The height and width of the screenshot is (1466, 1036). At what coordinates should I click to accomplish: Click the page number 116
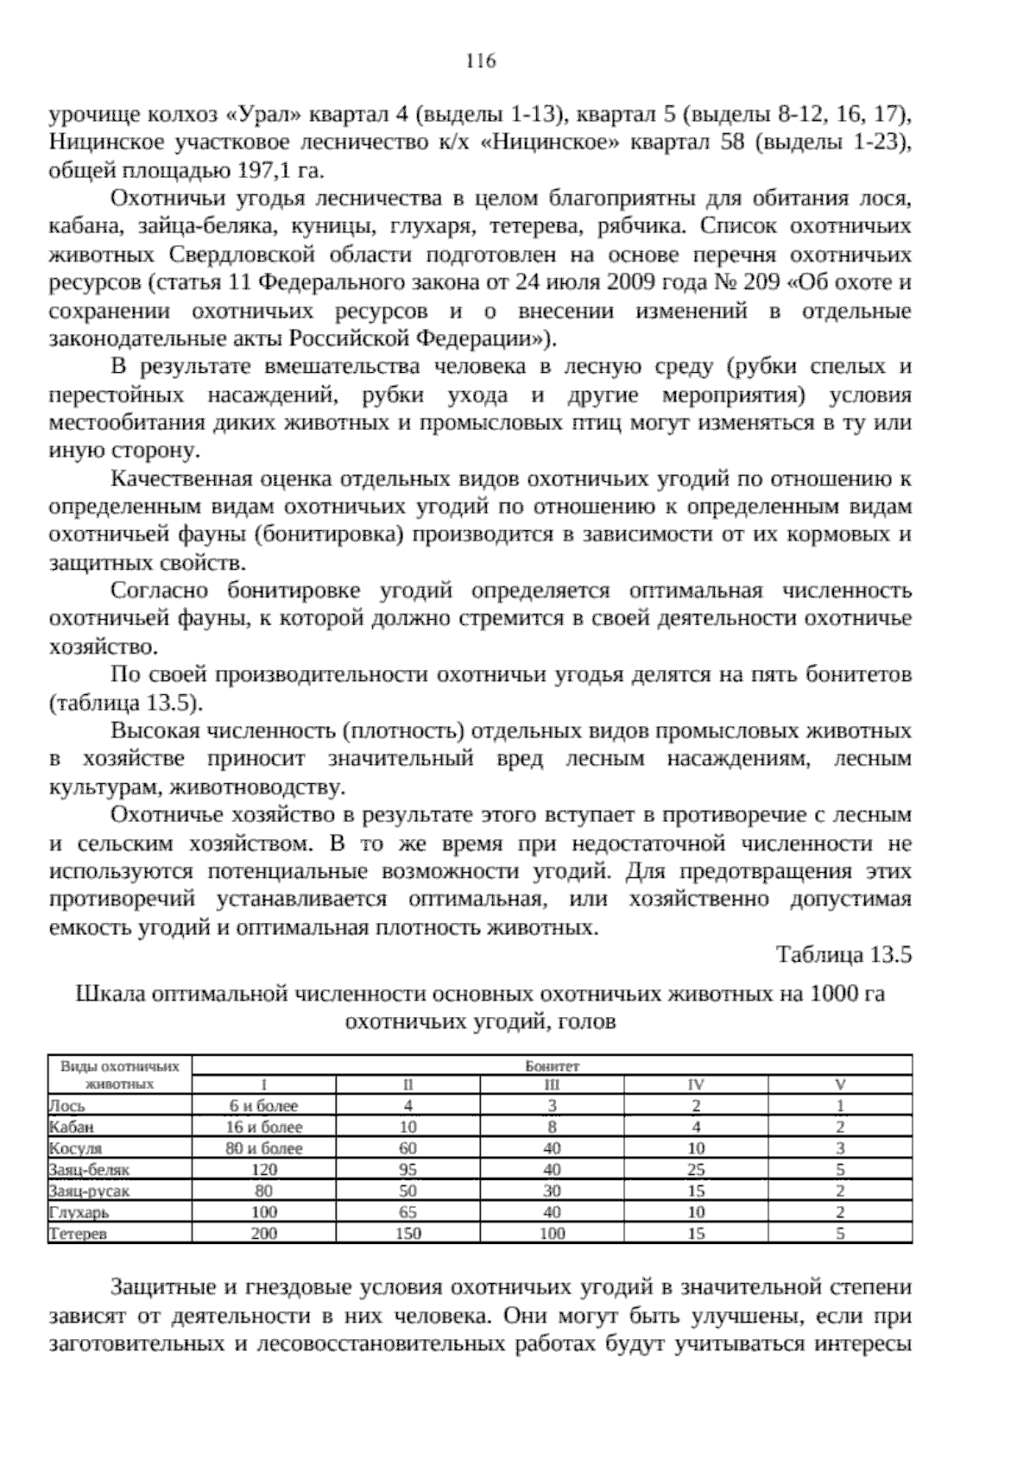[x=481, y=61]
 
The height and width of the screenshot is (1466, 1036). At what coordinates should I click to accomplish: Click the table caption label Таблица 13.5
[x=843, y=955]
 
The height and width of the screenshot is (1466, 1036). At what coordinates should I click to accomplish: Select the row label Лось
[x=67, y=1105]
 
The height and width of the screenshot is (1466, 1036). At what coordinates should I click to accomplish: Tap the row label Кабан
[x=71, y=1127]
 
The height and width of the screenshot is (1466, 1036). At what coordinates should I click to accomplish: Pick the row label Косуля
[x=75, y=1148]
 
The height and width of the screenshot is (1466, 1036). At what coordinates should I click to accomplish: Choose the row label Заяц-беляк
[x=89, y=1170]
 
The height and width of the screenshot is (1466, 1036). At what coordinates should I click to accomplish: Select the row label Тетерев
[x=78, y=1234]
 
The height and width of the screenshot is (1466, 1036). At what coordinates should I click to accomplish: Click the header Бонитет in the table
[x=552, y=1066]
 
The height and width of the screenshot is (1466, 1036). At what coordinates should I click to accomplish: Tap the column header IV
[x=696, y=1084]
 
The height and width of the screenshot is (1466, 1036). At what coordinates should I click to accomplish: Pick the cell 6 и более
[x=263, y=1105]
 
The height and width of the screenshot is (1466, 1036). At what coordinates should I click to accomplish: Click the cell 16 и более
[x=263, y=1127]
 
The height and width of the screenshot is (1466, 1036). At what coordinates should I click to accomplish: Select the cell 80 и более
[x=263, y=1148]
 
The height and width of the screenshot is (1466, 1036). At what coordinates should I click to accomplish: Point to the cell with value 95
[x=407, y=1170]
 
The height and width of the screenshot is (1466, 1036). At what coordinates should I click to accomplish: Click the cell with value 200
[x=263, y=1234]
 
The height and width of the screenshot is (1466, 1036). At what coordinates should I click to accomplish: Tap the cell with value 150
[x=407, y=1234]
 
